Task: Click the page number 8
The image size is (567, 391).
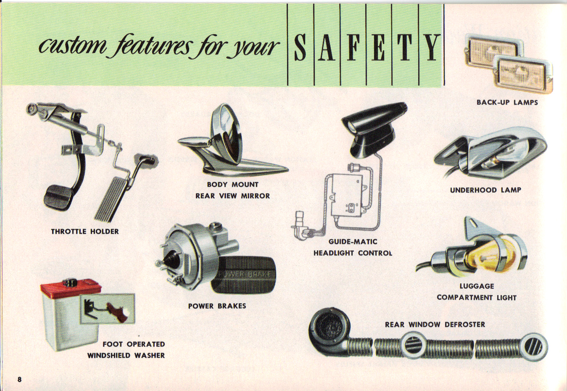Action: pyautogui.click(x=19, y=379)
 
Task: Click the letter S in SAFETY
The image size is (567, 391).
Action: pyautogui.click(x=301, y=48)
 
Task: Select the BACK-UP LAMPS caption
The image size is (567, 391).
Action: pyautogui.click(x=507, y=102)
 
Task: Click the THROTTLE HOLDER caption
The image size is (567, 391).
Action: pyautogui.click(x=85, y=232)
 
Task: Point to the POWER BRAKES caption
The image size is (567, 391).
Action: pyautogui.click(x=217, y=306)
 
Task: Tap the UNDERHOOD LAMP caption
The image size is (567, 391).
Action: pyautogui.click(x=485, y=190)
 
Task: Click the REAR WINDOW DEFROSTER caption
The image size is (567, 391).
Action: pyautogui.click(x=435, y=325)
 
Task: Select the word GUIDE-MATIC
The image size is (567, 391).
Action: pyautogui.click(x=353, y=242)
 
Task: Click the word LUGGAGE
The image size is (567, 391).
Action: pyautogui.click(x=477, y=286)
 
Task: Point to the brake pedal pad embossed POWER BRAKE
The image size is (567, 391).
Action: pyautogui.click(x=243, y=275)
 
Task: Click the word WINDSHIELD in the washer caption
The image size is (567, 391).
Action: pyautogui.click(x=108, y=356)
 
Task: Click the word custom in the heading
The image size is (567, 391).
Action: pyautogui.click(x=70, y=48)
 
